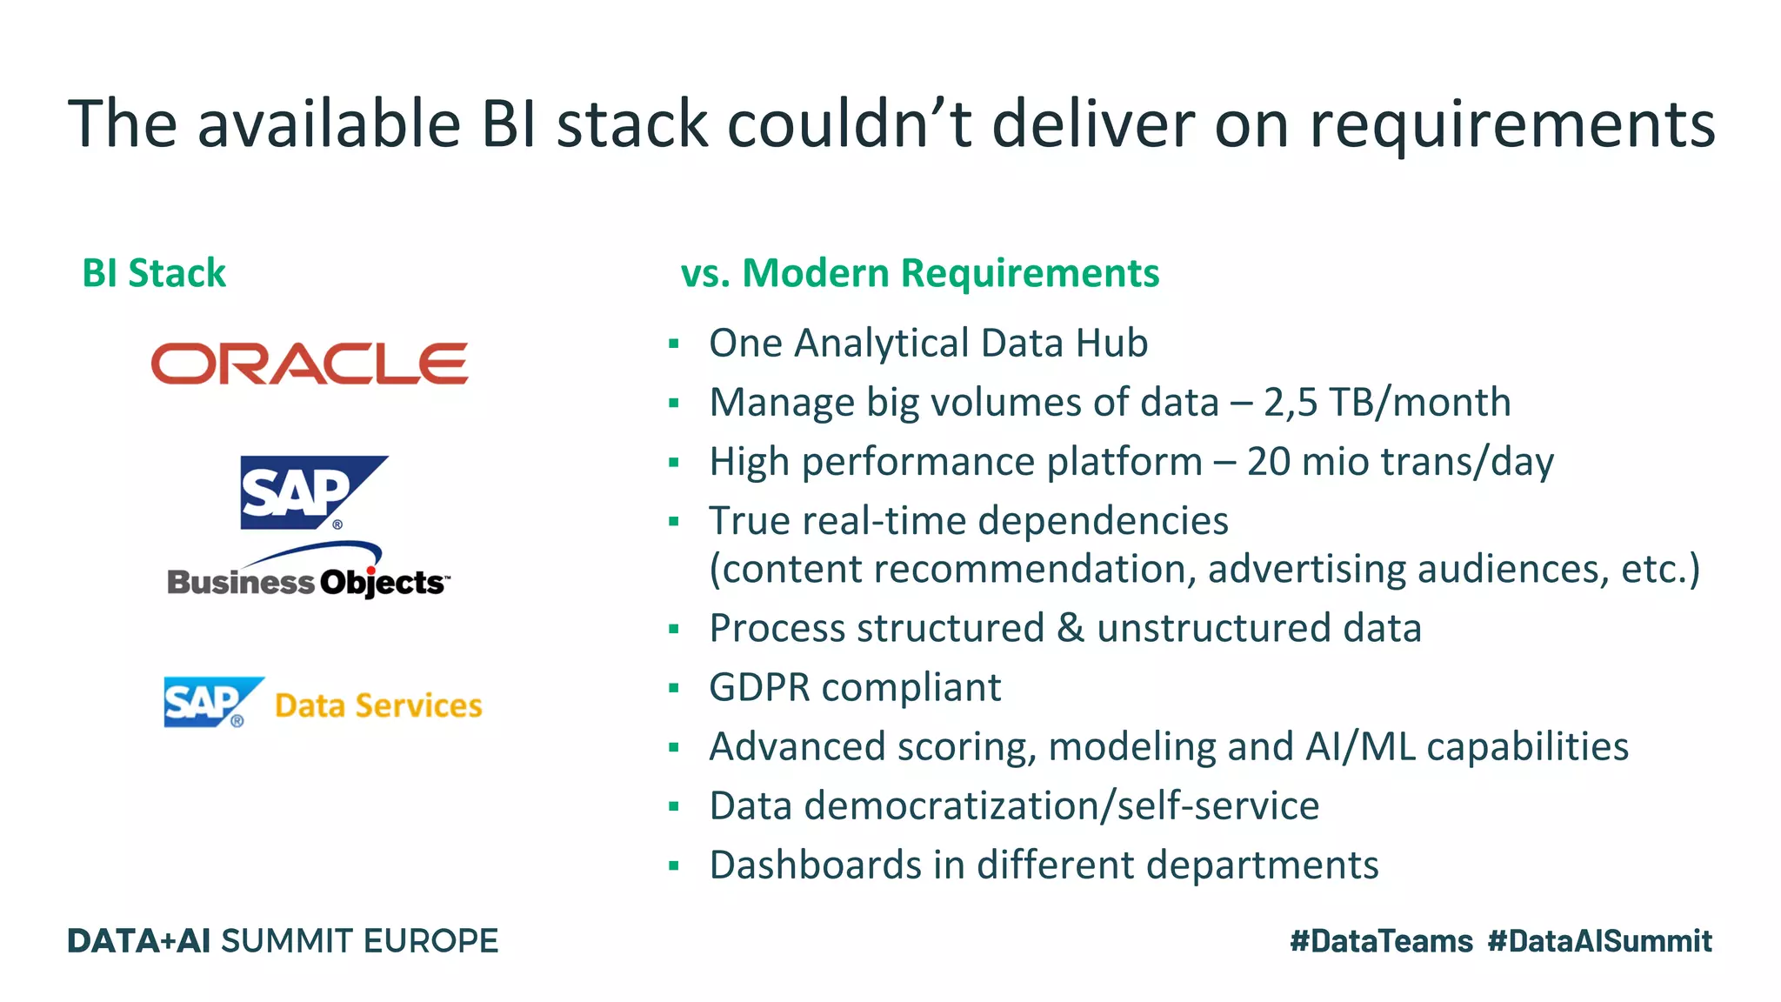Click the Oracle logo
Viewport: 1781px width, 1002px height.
310,364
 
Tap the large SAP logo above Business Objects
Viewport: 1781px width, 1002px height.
304,492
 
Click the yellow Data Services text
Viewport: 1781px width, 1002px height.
378,705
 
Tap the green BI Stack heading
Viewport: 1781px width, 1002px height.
154,273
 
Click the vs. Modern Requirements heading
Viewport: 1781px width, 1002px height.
919,273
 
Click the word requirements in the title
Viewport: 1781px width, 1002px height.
1512,124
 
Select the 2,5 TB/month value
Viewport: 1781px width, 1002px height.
1387,403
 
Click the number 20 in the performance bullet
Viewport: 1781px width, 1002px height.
1269,462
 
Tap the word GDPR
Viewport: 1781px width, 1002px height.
759,687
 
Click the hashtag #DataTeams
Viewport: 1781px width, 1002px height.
1381,941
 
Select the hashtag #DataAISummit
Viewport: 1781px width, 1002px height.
1599,941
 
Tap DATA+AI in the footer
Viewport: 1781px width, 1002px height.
139,941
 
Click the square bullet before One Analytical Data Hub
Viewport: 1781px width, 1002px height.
673,344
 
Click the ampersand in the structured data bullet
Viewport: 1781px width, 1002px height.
1071,628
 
